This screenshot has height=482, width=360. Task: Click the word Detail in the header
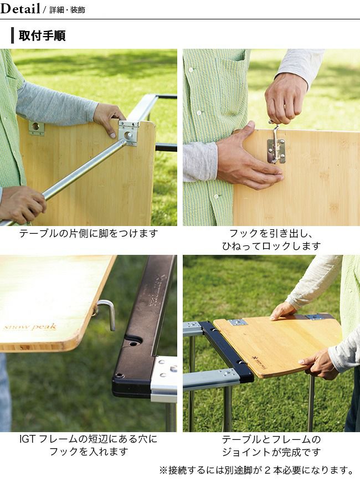pyautogui.click(x=20, y=9)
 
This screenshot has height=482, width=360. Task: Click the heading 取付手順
pyautogui.click(x=42, y=35)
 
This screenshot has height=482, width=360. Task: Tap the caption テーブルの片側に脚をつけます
pyautogui.click(x=89, y=234)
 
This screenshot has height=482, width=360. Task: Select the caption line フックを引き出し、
pyautogui.click(x=271, y=234)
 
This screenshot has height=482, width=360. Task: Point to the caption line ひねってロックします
pyautogui.click(x=271, y=246)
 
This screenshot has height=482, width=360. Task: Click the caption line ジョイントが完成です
pyautogui.click(x=271, y=452)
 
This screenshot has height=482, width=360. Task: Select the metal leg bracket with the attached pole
pyautogui.click(x=129, y=133)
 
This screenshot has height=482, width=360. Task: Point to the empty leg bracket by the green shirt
pyautogui.click(x=37, y=127)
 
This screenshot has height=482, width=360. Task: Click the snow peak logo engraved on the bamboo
pyautogui.click(x=30, y=327)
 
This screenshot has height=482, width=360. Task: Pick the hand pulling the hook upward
pyautogui.click(x=285, y=99)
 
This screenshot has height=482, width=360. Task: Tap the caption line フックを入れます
pyautogui.click(x=89, y=452)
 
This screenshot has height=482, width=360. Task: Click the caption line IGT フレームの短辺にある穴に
pyautogui.click(x=89, y=439)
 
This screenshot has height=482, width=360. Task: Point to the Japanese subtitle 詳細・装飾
pyautogui.click(x=68, y=10)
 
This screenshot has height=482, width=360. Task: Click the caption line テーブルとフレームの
pyautogui.click(x=271, y=439)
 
